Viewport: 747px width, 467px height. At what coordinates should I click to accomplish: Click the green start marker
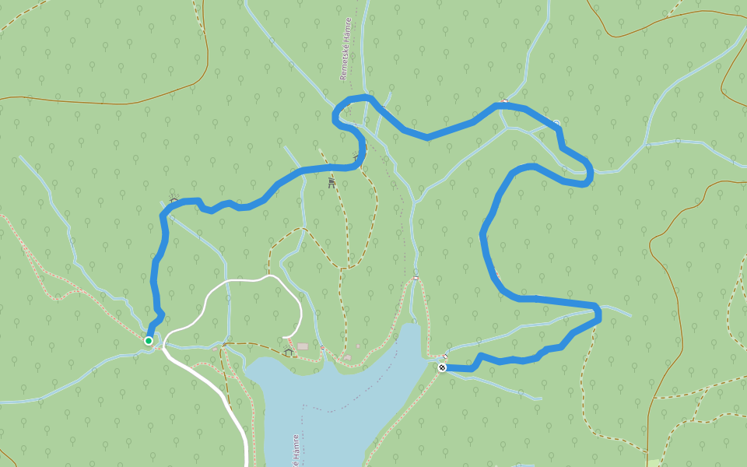tap(149, 340)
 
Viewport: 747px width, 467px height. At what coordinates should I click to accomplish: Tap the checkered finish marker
tap(442, 367)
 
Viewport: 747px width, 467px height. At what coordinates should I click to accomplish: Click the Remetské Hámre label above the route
tap(347, 49)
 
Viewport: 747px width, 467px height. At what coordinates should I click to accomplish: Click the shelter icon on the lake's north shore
tap(289, 352)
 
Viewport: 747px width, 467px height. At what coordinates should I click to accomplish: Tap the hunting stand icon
tap(332, 183)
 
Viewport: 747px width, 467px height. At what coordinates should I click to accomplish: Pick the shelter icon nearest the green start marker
tap(174, 201)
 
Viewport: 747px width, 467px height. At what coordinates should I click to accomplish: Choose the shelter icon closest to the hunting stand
tap(358, 158)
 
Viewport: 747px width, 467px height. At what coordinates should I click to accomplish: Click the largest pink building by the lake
tap(302, 346)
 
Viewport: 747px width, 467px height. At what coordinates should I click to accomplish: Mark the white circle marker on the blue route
tap(556, 123)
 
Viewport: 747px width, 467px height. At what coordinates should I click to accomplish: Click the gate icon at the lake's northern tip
tap(416, 278)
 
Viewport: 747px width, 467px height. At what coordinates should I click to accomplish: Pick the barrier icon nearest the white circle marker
tap(505, 100)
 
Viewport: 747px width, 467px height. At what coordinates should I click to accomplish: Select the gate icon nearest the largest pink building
tap(321, 349)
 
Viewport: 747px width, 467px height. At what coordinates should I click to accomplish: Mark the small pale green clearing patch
tap(652, 462)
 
